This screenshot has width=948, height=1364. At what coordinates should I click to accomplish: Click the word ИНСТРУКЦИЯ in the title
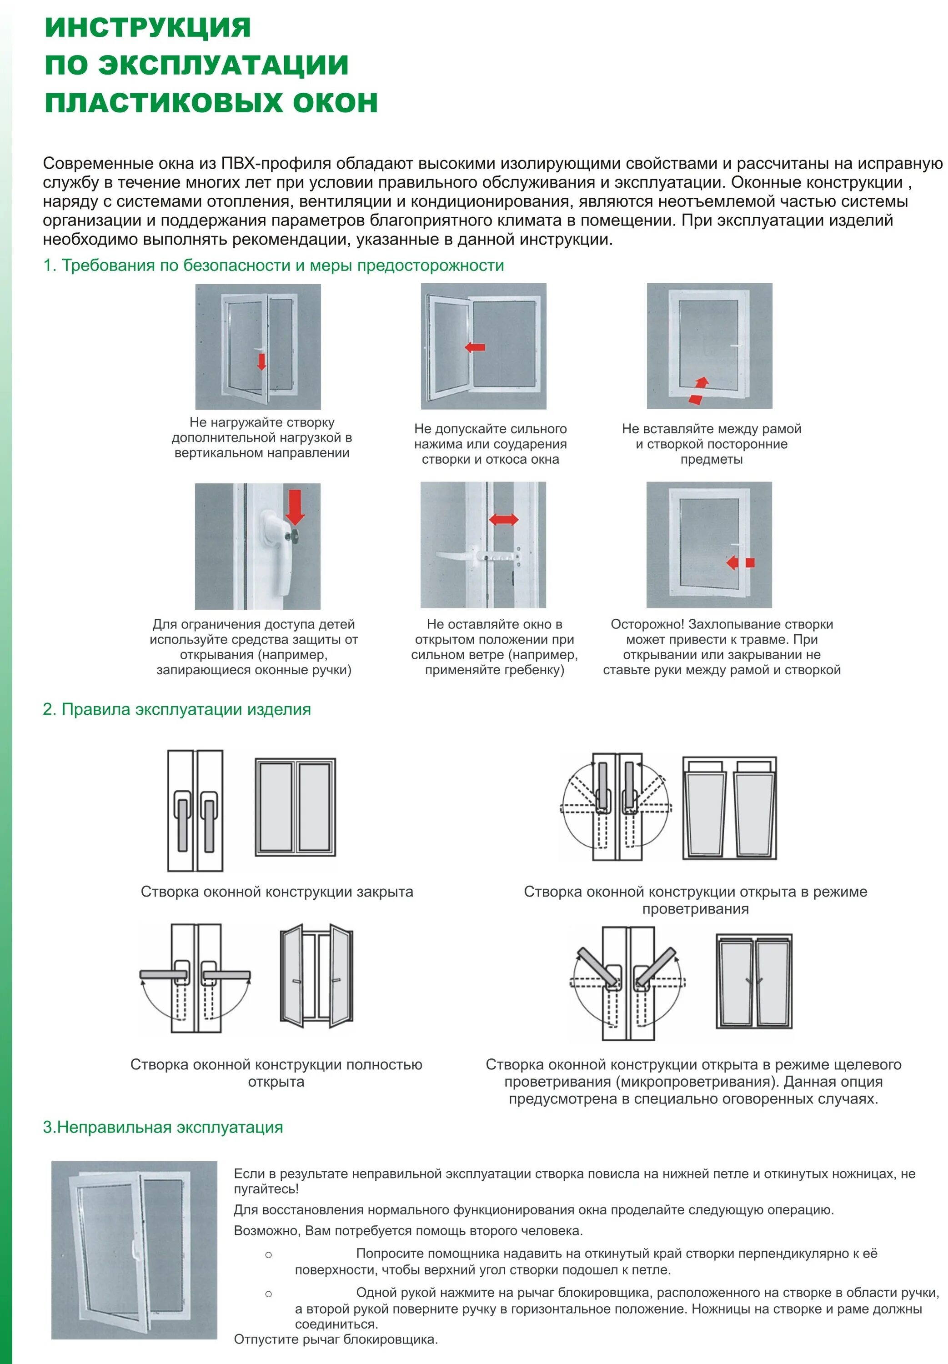point(148,28)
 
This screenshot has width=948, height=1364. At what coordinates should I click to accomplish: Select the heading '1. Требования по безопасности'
point(273,266)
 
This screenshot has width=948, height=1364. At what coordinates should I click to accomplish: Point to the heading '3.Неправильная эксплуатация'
point(163,1127)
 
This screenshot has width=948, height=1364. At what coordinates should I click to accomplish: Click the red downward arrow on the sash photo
point(261,361)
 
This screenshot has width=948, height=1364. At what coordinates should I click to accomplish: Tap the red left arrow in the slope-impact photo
point(475,347)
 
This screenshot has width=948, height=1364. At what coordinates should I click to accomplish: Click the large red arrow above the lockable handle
point(295,506)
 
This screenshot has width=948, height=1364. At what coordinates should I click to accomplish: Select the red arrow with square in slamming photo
point(740,562)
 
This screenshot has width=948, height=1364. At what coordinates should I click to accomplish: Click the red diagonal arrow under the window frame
point(700,390)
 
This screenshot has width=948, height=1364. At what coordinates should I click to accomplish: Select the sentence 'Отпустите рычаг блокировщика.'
point(336,1339)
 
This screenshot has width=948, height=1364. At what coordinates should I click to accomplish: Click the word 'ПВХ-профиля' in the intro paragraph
point(276,163)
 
